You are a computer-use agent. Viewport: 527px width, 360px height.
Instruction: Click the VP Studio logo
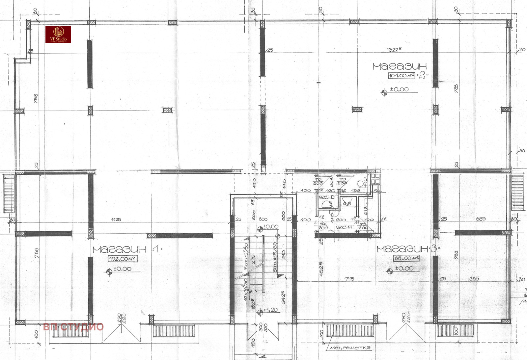pyautogui.click(x=58, y=35)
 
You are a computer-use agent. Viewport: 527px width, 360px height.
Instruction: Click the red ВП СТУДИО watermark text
pyautogui.click(x=73, y=327)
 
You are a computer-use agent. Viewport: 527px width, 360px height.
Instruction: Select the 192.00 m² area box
pyautogui.click(x=122, y=259)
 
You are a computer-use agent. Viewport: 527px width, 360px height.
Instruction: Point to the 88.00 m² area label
pyautogui.click(x=406, y=258)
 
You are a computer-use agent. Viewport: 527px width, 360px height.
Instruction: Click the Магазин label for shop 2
pyautogui.click(x=400, y=66)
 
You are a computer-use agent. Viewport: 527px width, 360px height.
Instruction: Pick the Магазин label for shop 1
pyautogui.click(x=119, y=249)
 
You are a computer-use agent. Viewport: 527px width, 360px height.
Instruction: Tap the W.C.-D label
pyautogui.click(x=326, y=197)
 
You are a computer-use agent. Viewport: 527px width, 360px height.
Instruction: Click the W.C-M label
pyautogui.click(x=344, y=227)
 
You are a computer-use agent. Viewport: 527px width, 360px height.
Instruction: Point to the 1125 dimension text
pyautogui.click(x=116, y=219)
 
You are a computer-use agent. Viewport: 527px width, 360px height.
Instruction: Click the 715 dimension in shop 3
pyautogui.click(x=349, y=279)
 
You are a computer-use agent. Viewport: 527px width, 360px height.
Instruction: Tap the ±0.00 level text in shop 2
pyautogui.click(x=399, y=89)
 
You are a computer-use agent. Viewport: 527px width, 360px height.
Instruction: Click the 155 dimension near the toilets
pyautogui.click(x=355, y=191)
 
